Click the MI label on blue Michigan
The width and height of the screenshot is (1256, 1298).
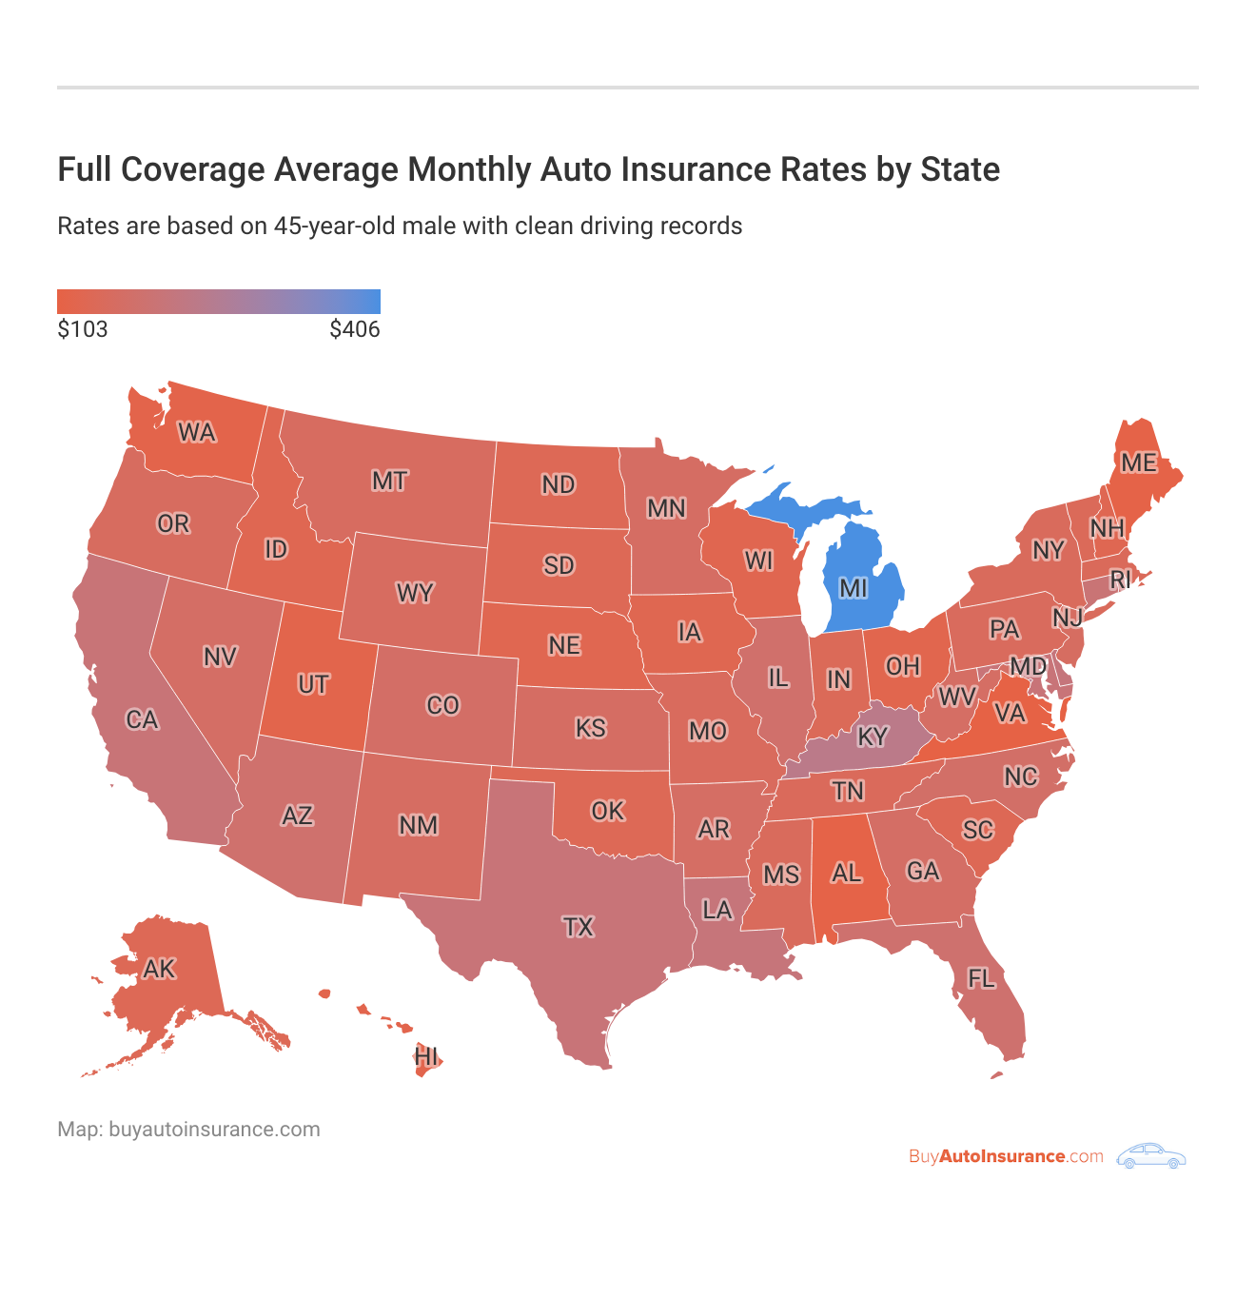(853, 588)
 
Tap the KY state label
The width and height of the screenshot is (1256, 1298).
(872, 737)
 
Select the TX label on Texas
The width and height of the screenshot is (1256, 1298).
(578, 927)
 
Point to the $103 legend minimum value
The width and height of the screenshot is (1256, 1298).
(83, 330)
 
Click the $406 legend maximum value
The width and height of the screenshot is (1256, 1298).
(355, 330)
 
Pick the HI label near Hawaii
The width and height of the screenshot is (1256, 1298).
(426, 1056)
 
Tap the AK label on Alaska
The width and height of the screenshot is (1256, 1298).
(159, 969)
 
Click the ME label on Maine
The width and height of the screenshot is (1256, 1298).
(1138, 462)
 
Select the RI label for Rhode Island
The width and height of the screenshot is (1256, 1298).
(1120, 579)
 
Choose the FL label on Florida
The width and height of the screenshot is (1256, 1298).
(981, 978)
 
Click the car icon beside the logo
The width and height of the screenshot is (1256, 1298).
(1151, 1156)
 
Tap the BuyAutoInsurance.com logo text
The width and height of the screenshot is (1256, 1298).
(1006, 1156)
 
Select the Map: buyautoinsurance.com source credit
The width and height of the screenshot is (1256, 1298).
(188, 1130)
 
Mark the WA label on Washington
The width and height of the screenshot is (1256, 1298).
(197, 433)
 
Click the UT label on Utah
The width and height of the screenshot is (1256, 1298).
(313, 684)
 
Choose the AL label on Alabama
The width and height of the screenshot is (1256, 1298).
(846, 873)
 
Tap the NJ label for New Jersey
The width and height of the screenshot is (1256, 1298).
(1068, 618)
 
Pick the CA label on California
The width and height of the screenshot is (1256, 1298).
(142, 719)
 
